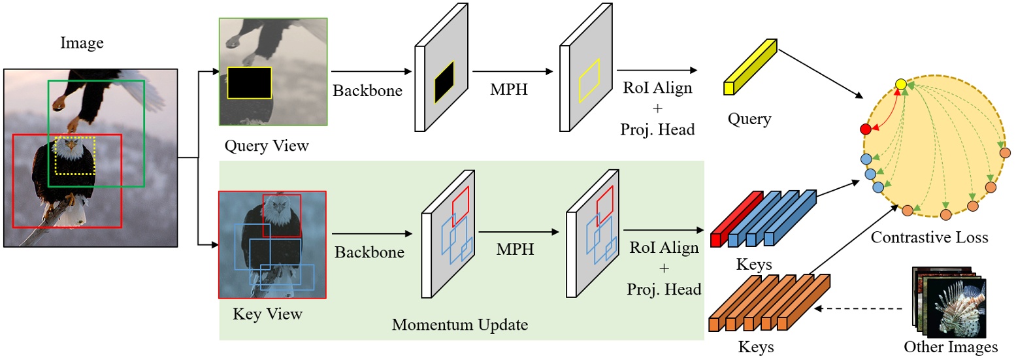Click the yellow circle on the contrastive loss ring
tap(900, 84)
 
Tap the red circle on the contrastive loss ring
tap(866, 129)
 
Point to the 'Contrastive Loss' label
tap(929, 238)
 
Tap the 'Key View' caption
tap(267, 314)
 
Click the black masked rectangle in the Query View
tap(249, 82)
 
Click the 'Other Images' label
tap(951, 346)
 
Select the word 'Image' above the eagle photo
tap(82, 44)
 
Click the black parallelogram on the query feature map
tap(444, 82)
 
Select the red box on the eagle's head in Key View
tap(282, 215)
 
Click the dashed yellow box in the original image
tap(75, 155)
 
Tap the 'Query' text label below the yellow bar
tap(749, 119)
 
